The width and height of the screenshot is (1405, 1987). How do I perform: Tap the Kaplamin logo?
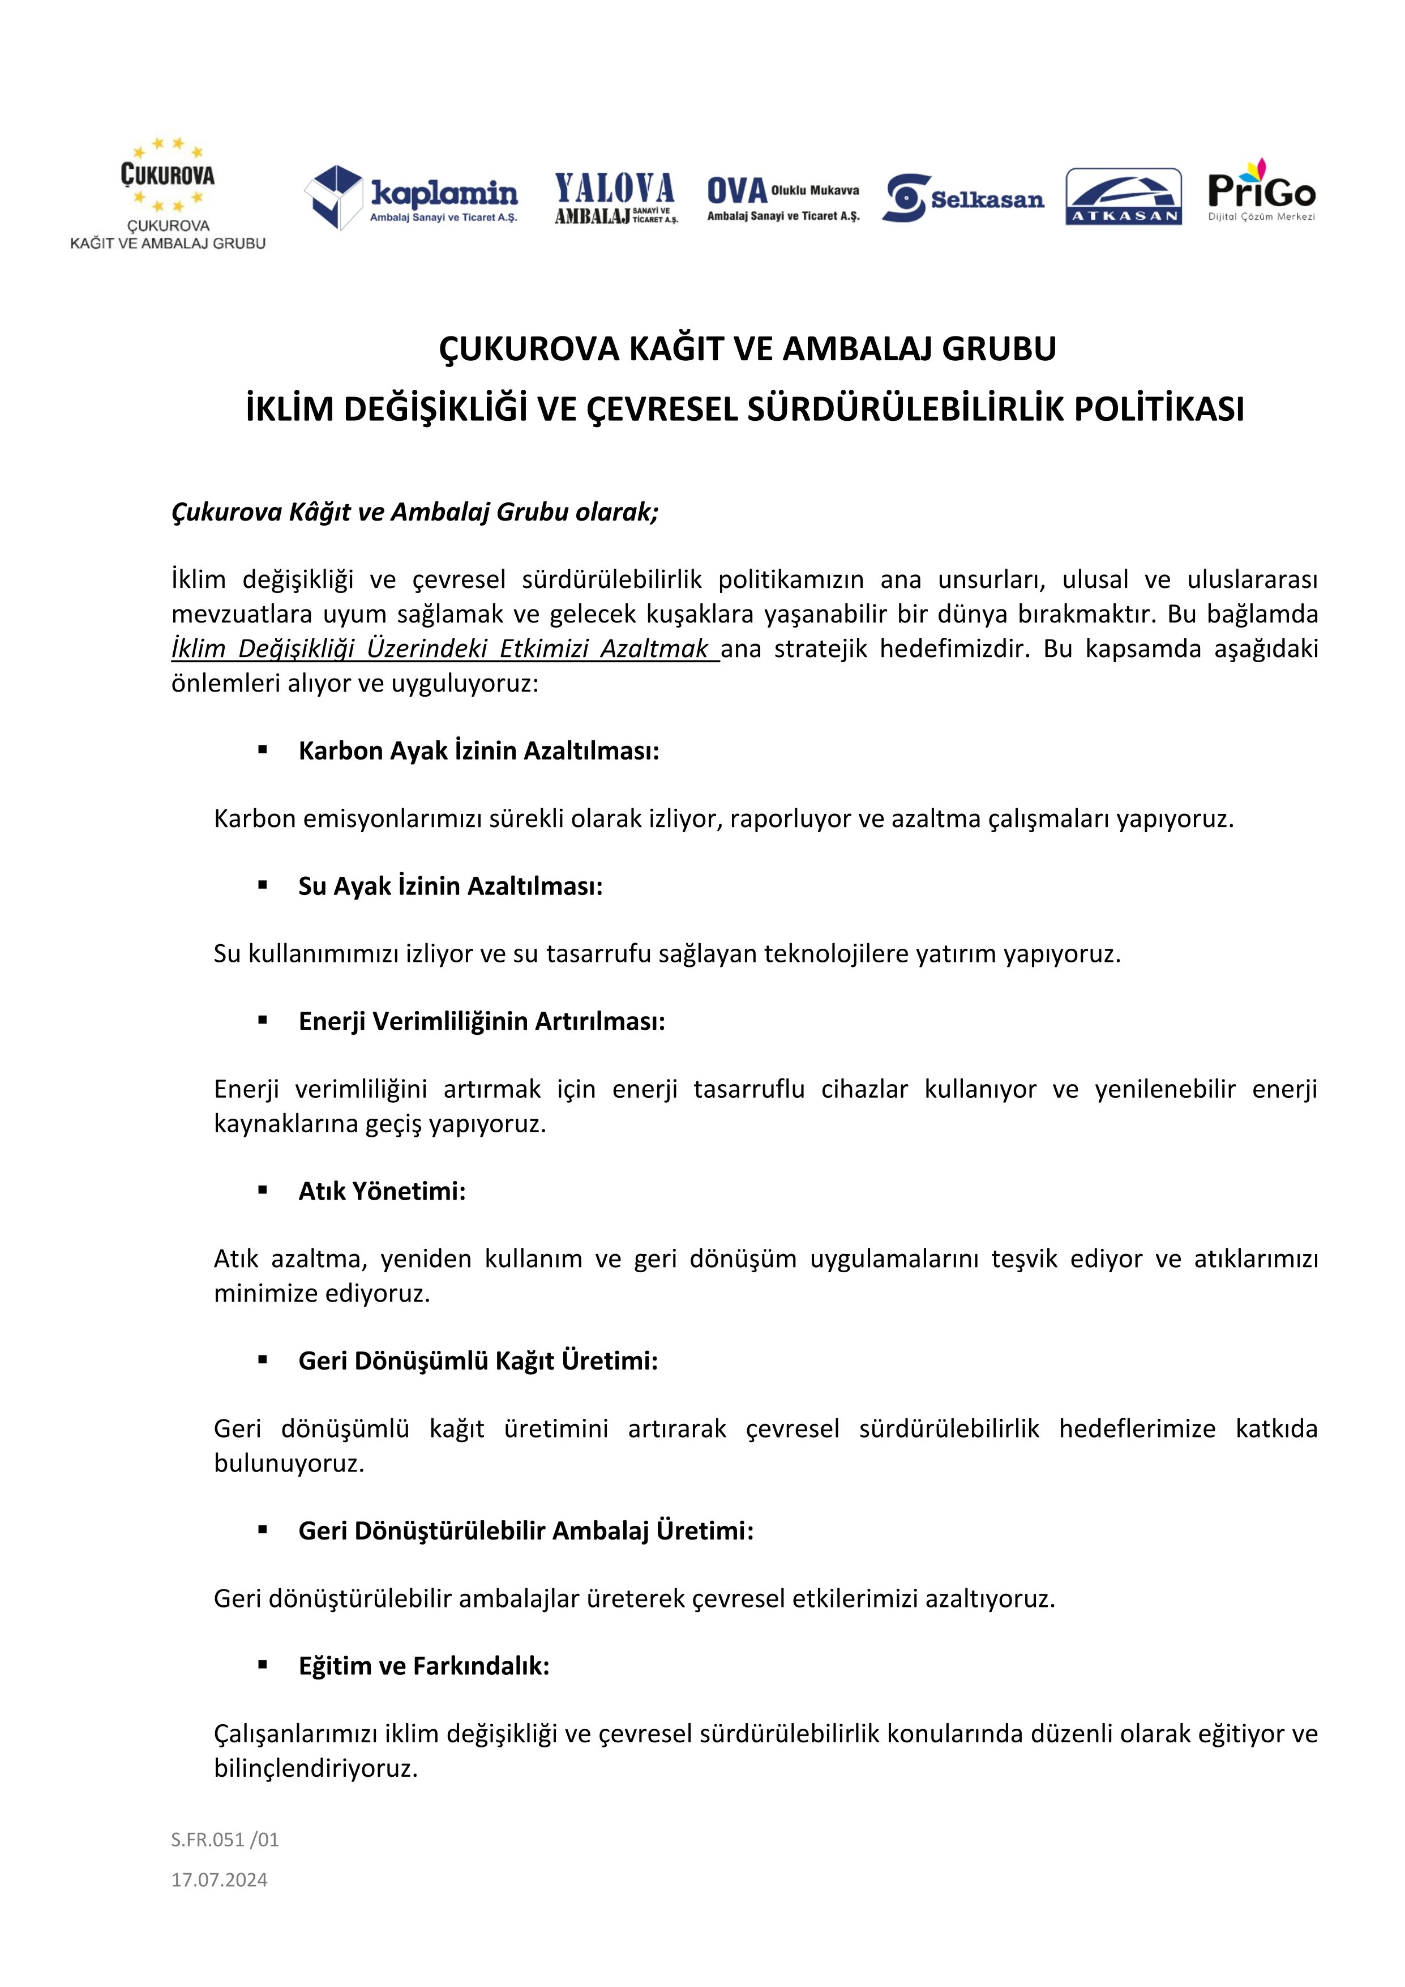click(411, 197)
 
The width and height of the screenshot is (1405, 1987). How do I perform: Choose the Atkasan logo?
click(1123, 197)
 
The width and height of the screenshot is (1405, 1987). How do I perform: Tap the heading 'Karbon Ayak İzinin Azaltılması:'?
click(478, 751)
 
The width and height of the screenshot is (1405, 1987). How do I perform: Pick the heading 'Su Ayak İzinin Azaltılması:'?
click(450, 886)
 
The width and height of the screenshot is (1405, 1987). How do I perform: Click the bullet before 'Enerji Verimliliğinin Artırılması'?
click(262, 1021)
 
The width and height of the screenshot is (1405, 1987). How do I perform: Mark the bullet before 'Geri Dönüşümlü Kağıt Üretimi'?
click(262, 1361)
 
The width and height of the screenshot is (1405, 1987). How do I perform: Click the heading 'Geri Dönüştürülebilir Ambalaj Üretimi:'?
click(526, 1531)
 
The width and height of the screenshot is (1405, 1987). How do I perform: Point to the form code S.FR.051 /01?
click(225, 1839)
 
